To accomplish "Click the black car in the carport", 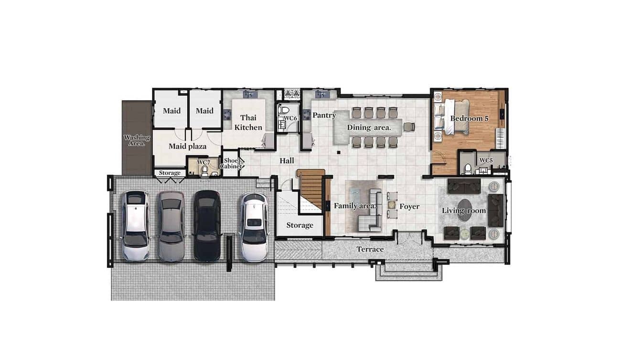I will pos(207,226).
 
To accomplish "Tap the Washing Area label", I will pos(137,140).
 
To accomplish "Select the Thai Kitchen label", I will pos(248,123).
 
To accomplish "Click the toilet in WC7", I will pos(205,171).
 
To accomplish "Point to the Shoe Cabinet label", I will pos(231,164).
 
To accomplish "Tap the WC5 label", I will pos(485,160).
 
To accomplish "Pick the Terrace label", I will pos(370,249).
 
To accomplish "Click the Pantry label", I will pos(324,115).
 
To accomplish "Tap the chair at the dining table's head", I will pos(408,127).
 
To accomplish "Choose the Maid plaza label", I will pos(187,146).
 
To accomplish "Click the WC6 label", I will pos(291,118).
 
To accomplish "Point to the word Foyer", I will pos(409,206).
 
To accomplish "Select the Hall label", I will pos(287,160).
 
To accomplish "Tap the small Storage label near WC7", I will pos(170,173).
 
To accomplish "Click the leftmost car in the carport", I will pos(135,226).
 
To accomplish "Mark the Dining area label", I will pos(369,127).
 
